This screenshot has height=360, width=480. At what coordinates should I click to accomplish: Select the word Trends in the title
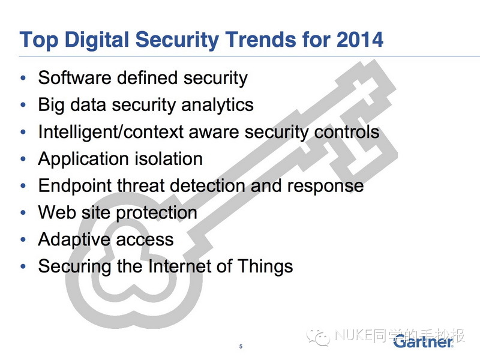pos(261,40)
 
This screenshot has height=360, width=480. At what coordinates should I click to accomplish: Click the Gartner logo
pos(424,341)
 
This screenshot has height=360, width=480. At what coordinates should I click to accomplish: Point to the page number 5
pos(241,346)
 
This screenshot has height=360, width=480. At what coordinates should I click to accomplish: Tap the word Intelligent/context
pos(111,132)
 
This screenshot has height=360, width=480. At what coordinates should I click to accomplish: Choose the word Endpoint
pos(75,186)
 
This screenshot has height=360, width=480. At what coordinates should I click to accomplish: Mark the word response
pos(325,187)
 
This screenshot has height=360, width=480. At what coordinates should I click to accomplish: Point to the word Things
pos(265,266)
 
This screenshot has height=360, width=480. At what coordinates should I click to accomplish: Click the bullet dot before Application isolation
pos(23,159)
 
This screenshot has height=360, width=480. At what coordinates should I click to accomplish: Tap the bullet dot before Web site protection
pos(23,212)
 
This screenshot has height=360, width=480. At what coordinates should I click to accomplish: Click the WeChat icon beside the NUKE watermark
pos(319,337)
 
